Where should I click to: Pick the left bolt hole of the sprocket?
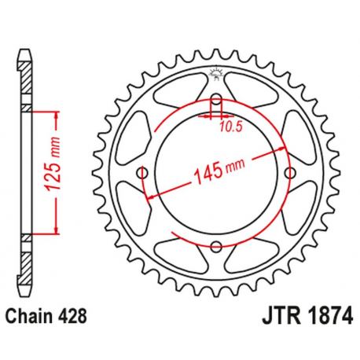(142, 173)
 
